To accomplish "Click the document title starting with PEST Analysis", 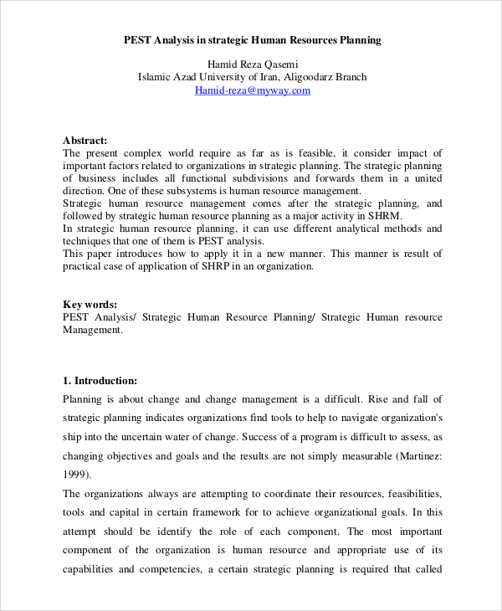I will click(252, 39).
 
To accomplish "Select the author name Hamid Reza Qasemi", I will click(252, 64).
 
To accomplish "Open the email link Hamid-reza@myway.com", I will click(252, 90).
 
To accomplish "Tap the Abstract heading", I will click(85, 141).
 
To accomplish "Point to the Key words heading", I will click(90, 305).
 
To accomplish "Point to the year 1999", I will click(77, 476).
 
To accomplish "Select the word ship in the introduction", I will click(73, 437).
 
